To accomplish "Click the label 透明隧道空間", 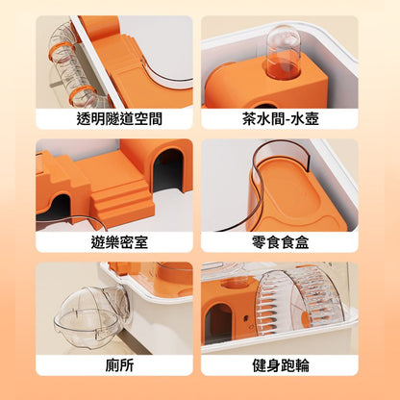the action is coord(119,118).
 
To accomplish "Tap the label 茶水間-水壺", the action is coord(280,118).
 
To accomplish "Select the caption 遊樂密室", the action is coord(119,241).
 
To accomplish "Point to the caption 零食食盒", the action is coord(280,241).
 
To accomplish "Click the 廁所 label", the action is coord(119,365).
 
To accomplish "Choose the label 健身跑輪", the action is coord(280,365).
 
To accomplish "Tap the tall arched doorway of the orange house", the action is coord(167,170).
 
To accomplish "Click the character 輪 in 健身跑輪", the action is coord(302,365).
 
